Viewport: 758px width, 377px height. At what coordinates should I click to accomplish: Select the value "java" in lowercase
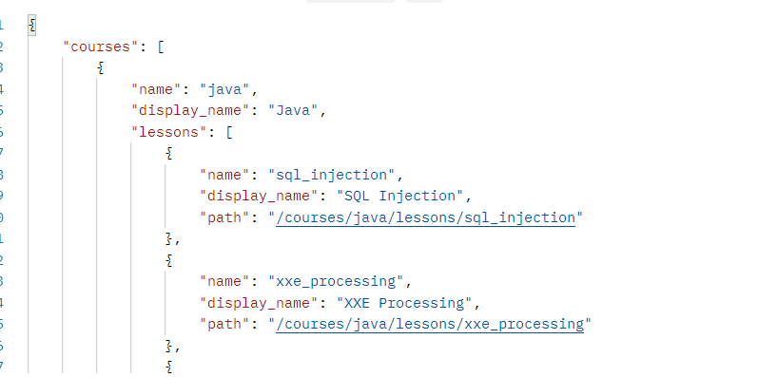223,88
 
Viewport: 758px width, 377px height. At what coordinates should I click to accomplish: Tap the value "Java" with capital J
295,110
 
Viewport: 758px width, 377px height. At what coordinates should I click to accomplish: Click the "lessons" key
169,132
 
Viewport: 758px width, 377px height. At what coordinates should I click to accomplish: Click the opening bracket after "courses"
147,46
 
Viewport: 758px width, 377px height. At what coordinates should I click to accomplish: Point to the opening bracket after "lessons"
229,132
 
